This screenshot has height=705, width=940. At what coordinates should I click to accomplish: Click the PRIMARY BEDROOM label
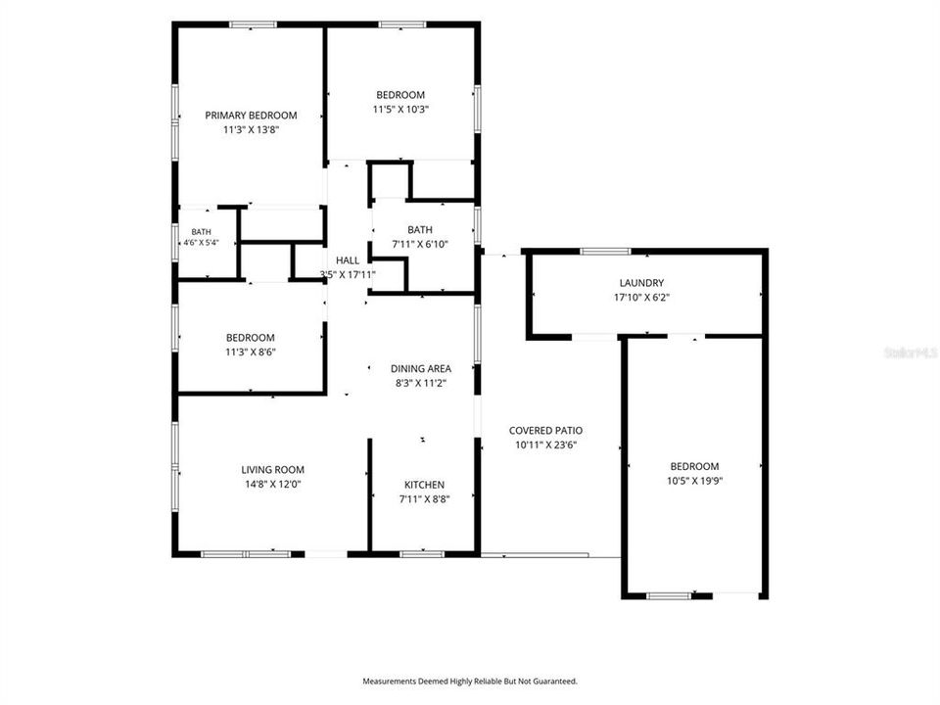251,116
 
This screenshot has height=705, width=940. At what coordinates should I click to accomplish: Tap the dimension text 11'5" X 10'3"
400,109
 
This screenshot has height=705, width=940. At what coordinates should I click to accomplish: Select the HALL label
348,260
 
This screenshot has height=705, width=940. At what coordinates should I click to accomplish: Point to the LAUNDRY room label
641,283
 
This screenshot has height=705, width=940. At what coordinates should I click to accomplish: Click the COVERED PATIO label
545,431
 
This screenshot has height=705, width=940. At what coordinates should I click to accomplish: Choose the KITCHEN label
424,485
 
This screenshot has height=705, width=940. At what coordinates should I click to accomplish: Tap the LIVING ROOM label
273,469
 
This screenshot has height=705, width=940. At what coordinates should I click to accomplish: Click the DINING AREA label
421,369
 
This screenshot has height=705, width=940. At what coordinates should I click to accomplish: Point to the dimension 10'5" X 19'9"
695,481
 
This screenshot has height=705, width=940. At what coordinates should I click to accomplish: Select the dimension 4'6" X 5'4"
202,243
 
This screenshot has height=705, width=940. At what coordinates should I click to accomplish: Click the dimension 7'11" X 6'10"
420,244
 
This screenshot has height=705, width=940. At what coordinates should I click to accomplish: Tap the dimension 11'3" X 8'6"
251,352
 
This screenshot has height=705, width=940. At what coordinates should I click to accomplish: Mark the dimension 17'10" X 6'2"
641,298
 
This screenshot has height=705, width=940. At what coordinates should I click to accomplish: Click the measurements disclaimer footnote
470,681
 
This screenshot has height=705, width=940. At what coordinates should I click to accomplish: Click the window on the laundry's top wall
606,252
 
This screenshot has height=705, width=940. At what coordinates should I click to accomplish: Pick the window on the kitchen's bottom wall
422,554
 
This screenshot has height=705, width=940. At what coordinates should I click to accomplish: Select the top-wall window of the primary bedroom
254,24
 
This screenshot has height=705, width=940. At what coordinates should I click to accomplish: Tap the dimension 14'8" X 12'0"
273,484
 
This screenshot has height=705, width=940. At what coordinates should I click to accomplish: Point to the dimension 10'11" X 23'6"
546,445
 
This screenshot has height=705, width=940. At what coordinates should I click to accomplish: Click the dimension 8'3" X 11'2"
421,383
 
